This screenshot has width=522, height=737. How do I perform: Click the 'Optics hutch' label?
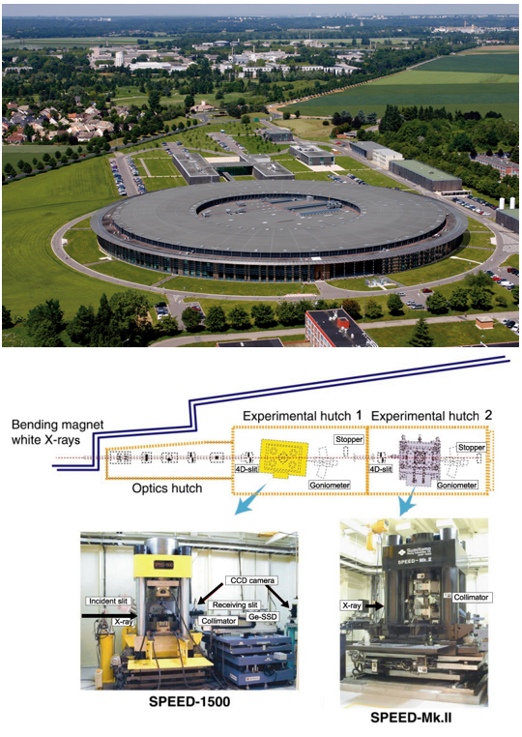[x=167, y=487]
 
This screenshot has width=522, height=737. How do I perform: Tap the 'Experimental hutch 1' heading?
[x=303, y=416]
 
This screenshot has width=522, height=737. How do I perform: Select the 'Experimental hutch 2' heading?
[x=431, y=416]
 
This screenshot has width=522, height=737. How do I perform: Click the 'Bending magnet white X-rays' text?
[x=57, y=432]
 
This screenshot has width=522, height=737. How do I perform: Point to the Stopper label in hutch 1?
[x=349, y=439]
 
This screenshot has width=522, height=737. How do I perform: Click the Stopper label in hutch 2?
[x=472, y=447]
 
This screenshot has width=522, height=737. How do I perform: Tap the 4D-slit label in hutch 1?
[x=246, y=469]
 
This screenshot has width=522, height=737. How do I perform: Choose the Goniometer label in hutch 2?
[x=456, y=485]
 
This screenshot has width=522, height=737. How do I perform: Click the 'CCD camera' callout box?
[x=252, y=580]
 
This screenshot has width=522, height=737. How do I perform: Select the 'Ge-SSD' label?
[x=262, y=616]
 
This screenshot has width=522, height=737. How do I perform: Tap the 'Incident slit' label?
[x=108, y=601]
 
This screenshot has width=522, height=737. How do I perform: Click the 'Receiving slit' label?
[x=235, y=604]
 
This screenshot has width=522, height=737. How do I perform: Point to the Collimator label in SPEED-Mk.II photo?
[x=471, y=597]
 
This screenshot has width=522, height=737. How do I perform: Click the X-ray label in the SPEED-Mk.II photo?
[x=352, y=605]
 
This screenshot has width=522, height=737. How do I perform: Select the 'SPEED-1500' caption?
[x=189, y=701]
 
